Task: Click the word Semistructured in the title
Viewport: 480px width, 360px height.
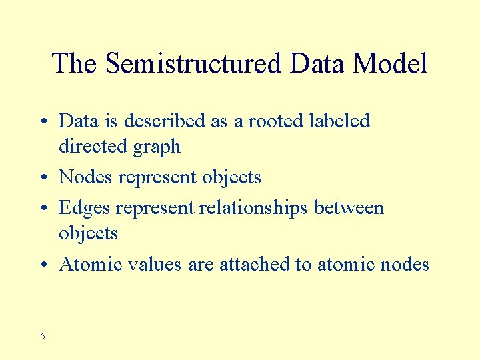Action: [x=194, y=64]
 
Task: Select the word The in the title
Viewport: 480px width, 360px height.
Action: [x=75, y=64]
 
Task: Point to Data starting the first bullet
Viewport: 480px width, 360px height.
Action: [x=77, y=121]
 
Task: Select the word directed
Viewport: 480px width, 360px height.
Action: [x=89, y=146]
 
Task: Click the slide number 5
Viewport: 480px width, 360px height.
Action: [x=43, y=336]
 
